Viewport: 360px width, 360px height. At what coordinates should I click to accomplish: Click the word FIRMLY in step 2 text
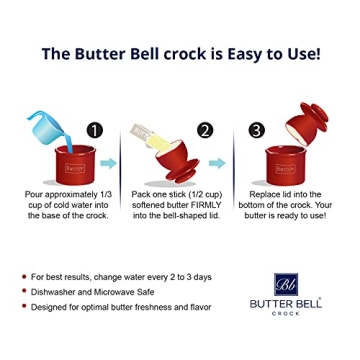coord(209,204)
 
